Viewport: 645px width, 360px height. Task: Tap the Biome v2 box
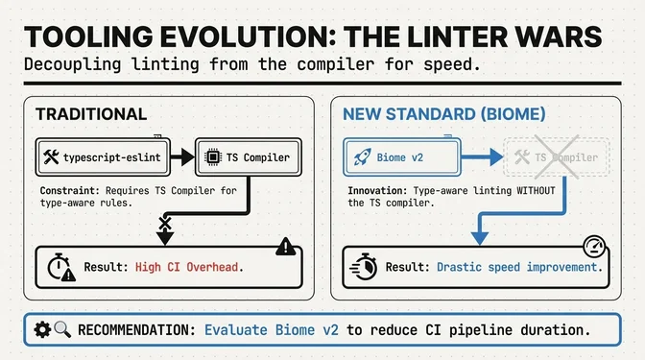click(x=399, y=155)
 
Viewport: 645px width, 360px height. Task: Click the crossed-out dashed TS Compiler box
click(x=543, y=155)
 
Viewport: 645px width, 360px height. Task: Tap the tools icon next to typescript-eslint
click(x=51, y=155)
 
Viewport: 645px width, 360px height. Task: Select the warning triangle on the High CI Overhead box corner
click(x=284, y=248)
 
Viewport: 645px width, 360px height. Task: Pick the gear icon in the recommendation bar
click(x=41, y=330)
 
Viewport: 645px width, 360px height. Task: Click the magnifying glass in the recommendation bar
click(x=62, y=330)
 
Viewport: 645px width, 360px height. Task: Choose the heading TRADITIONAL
click(x=91, y=114)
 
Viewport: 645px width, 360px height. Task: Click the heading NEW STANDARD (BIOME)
click(x=444, y=114)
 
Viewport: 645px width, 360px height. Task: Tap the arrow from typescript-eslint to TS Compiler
click(x=174, y=155)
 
